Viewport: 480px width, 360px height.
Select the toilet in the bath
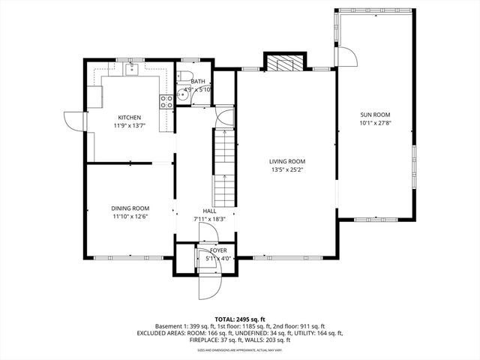[x=183, y=76]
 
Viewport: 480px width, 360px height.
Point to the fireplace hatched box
[x=284, y=63]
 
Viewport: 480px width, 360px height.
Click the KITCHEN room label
[x=130, y=118]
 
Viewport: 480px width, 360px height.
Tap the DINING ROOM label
[x=130, y=208]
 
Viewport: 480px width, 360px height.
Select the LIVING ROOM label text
[x=287, y=161]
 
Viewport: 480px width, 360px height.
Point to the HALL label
[x=209, y=211]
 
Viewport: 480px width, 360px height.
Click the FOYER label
[x=218, y=250]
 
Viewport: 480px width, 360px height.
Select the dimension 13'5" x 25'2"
[x=287, y=169]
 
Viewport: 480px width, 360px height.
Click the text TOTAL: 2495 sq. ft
[x=239, y=319]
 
